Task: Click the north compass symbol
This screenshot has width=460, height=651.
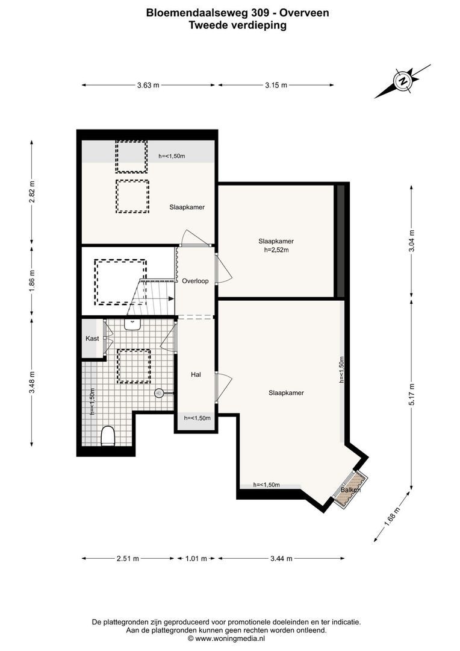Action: [x=402, y=81]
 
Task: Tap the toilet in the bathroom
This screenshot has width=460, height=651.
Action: [x=108, y=436]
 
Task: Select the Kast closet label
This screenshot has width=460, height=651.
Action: [x=92, y=338]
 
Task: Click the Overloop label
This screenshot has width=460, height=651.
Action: [x=195, y=281]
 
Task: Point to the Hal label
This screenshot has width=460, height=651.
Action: [x=196, y=374]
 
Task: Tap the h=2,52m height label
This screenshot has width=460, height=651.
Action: [x=276, y=250]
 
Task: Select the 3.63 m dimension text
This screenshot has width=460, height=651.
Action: [x=148, y=86]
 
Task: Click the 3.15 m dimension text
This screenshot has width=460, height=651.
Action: [x=276, y=86]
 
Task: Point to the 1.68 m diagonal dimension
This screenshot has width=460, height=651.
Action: [x=391, y=517]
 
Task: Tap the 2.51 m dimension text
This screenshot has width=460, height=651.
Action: [x=128, y=558]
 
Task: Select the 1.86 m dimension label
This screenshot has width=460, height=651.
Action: [x=32, y=281]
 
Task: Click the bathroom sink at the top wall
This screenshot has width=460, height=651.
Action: [x=132, y=324]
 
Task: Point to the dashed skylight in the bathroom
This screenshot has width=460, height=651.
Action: [x=134, y=366]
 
